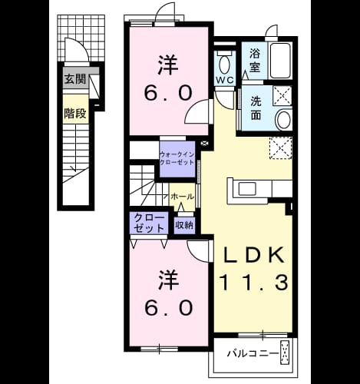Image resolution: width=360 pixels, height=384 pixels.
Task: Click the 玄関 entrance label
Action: (x=74, y=79)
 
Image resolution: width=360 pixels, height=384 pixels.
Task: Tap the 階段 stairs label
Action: (x=74, y=114)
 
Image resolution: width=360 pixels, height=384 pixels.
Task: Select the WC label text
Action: (x=225, y=81)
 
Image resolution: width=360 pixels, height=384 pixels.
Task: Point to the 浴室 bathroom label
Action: (x=255, y=61)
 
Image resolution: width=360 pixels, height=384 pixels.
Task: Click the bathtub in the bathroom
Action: (x=280, y=61)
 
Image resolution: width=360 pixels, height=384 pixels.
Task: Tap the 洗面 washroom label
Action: (x=256, y=108)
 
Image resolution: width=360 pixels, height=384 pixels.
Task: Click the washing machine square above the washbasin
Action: (x=282, y=96)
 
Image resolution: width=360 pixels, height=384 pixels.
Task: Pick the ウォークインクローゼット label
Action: (x=177, y=158)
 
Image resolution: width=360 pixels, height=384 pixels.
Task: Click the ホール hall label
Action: (x=182, y=197)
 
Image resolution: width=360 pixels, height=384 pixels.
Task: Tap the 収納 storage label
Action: (x=184, y=225)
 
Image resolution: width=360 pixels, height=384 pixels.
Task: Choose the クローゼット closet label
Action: (x=149, y=223)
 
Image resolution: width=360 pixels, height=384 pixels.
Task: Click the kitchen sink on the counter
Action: (x=247, y=189)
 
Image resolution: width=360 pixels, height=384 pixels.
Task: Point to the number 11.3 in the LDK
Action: (x=253, y=282)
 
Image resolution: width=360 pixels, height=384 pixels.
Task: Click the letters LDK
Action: (x=254, y=255)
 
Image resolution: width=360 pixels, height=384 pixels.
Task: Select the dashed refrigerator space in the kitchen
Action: (x=281, y=148)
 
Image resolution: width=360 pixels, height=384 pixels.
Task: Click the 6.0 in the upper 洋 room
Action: (x=167, y=93)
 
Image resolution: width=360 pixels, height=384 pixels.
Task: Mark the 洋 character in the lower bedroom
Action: (x=168, y=279)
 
